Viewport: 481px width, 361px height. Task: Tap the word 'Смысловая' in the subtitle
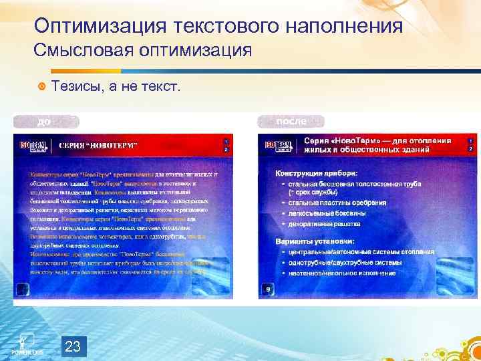pos(78,51)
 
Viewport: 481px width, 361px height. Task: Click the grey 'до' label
pos(44,122)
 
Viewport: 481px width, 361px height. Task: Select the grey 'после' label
pos(291,122)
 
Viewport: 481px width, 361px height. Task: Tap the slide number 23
pos(73,346)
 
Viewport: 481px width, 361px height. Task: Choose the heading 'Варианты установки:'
pos(315,241)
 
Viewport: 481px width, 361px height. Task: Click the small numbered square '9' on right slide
pos(267,289)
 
